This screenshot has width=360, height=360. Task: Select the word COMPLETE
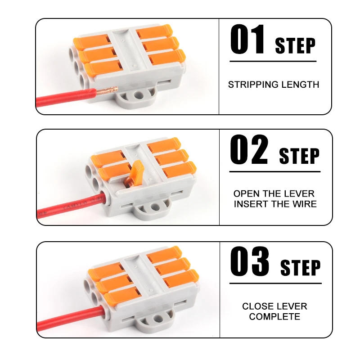click(274, 316)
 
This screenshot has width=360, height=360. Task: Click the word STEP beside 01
click(295, 46)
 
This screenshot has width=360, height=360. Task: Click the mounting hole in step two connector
click(155, 208)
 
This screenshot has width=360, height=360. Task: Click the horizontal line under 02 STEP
click(274, 171)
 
